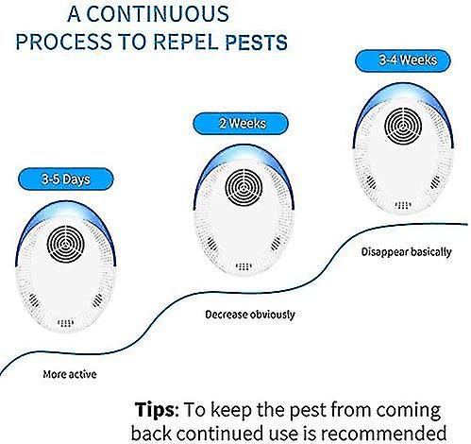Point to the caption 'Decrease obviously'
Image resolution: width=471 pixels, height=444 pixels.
point(250,315)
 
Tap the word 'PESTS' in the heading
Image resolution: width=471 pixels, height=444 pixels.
point(255,43)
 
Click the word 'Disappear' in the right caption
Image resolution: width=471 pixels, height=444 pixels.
point(386,252)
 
